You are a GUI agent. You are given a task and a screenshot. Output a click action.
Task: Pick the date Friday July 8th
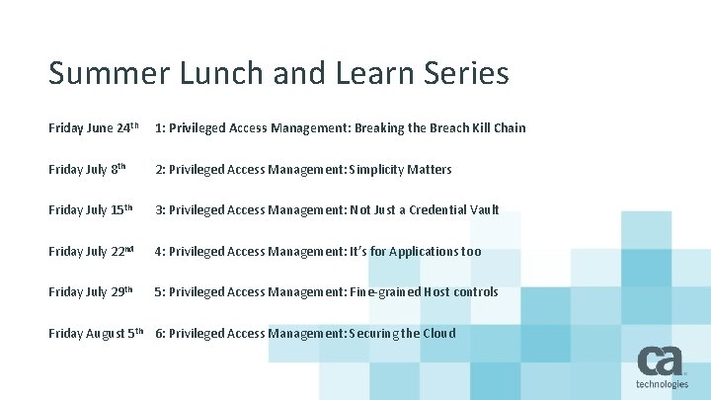pos(88,169)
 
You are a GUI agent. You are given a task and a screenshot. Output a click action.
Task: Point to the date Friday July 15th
pos(91,210)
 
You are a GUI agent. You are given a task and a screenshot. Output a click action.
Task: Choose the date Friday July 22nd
pos(92,251)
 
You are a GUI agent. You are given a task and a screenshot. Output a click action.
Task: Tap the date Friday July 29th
pos(91,292)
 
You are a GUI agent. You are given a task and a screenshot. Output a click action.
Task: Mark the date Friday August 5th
pos(97,333)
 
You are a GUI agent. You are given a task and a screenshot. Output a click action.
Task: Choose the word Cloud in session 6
pos(439,334)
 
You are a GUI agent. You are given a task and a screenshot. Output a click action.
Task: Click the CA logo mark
pos(662,361)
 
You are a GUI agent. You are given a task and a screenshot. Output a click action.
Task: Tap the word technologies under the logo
pos(662,384)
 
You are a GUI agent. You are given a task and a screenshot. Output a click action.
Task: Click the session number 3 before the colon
pos(158,210)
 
